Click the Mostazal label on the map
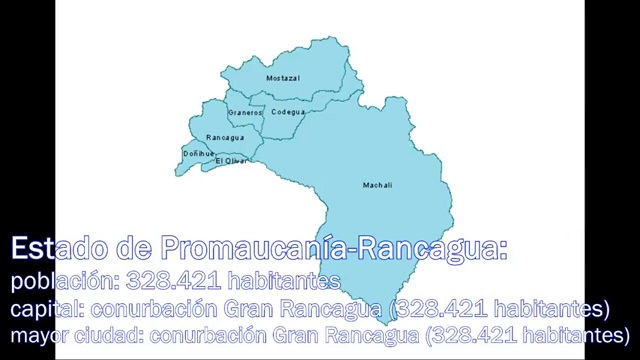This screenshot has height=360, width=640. click(x=283, y=78)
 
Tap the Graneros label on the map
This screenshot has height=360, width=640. click(x=245, y=113)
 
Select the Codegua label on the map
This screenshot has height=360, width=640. click(x=288, y=112)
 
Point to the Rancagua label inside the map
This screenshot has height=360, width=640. click(x=225, y=137)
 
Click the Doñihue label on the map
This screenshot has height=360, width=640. click(x=199, y=153)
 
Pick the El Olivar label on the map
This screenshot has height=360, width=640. click(x=231, y=160)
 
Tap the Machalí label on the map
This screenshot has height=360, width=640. click(x=377, y=185)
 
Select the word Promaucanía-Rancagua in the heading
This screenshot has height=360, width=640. click(x=334, y=249)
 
